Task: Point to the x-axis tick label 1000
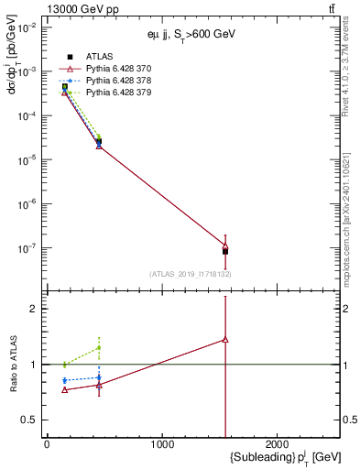pyautogui.click(x=162, y=444)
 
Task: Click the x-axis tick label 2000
pyautogui.click(x=278, y=444)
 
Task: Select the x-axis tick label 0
pyautogui.click(x=47, y=444)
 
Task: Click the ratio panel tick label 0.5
pyautogui.click(x=27, y=420)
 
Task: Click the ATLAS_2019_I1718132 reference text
pyautogui.click(x=190, y=274)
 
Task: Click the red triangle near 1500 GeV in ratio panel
pyautogui.click(x=225, y=339)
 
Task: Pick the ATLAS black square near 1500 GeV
pyautogui.click(x=225, y=251)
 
